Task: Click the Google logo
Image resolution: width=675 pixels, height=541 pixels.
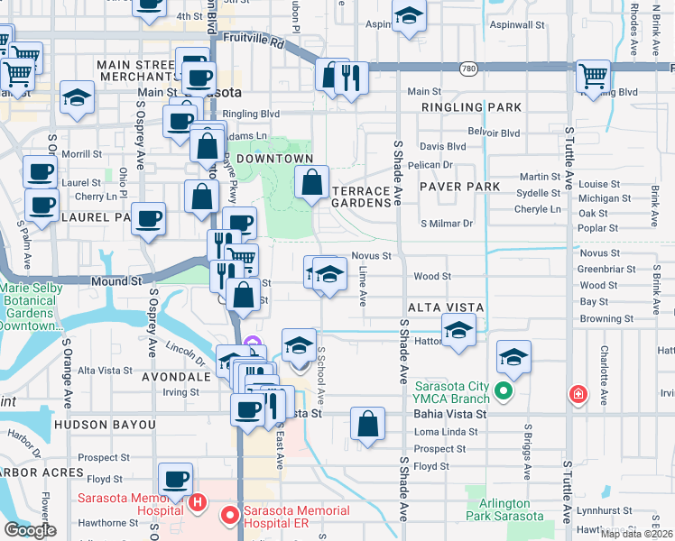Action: click(30, 530)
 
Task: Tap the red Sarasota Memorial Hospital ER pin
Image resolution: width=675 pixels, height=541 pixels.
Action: click(230, 515)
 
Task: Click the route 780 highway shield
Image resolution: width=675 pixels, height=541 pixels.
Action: click(467, 69)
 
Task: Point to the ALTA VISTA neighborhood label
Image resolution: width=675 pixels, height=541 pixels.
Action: click(447, 307)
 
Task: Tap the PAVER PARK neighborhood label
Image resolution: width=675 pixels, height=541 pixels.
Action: click(459, 187)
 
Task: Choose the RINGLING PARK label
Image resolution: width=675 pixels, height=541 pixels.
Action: click(472, 107)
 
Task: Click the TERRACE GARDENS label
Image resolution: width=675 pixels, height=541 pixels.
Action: click(365, 197)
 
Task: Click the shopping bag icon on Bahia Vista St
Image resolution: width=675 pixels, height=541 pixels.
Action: click(367, 424)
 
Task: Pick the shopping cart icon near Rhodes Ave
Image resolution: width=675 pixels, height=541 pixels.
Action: click(593, 76)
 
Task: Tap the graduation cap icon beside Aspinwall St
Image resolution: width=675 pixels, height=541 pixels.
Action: click(409, 16)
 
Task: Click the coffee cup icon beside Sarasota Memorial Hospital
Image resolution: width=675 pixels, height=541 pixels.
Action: click(176, 479)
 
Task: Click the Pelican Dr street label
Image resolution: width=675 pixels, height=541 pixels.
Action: click(430, 165)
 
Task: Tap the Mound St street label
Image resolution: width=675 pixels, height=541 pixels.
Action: click(117, 281)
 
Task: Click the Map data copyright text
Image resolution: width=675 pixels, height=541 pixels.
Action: click(636, 534)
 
